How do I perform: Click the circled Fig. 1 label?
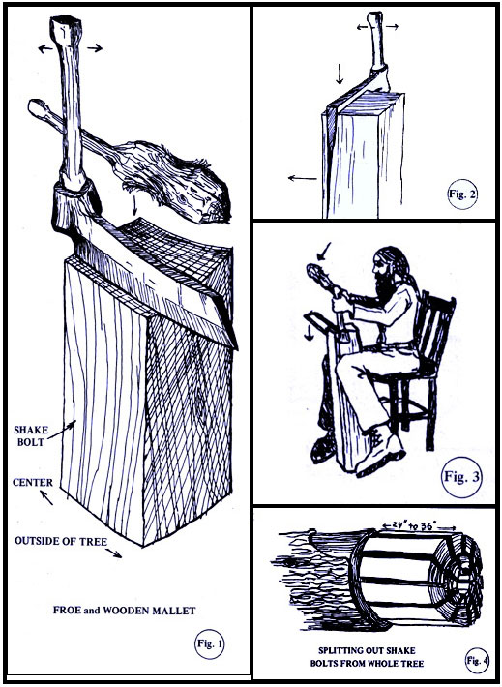(x=209, y=643)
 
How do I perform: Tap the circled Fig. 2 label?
(x=462, y=194)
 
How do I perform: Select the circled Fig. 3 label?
(x=461, y=477)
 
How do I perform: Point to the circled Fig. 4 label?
(x=477, y=660)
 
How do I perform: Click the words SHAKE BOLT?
(x=31, y=435)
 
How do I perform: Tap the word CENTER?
(x=33, y=483)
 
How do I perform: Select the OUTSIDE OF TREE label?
(x=61, y=541)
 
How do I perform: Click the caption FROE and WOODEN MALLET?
(x=125, y=611)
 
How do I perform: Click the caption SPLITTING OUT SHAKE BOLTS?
(x=368, y=657)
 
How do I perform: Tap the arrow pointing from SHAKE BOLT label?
(x=62, y=430)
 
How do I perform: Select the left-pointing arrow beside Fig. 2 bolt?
(x=302, y=178)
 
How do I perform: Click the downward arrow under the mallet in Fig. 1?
(x=135, y=206)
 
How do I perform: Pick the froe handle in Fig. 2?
(x=377, y=42)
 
